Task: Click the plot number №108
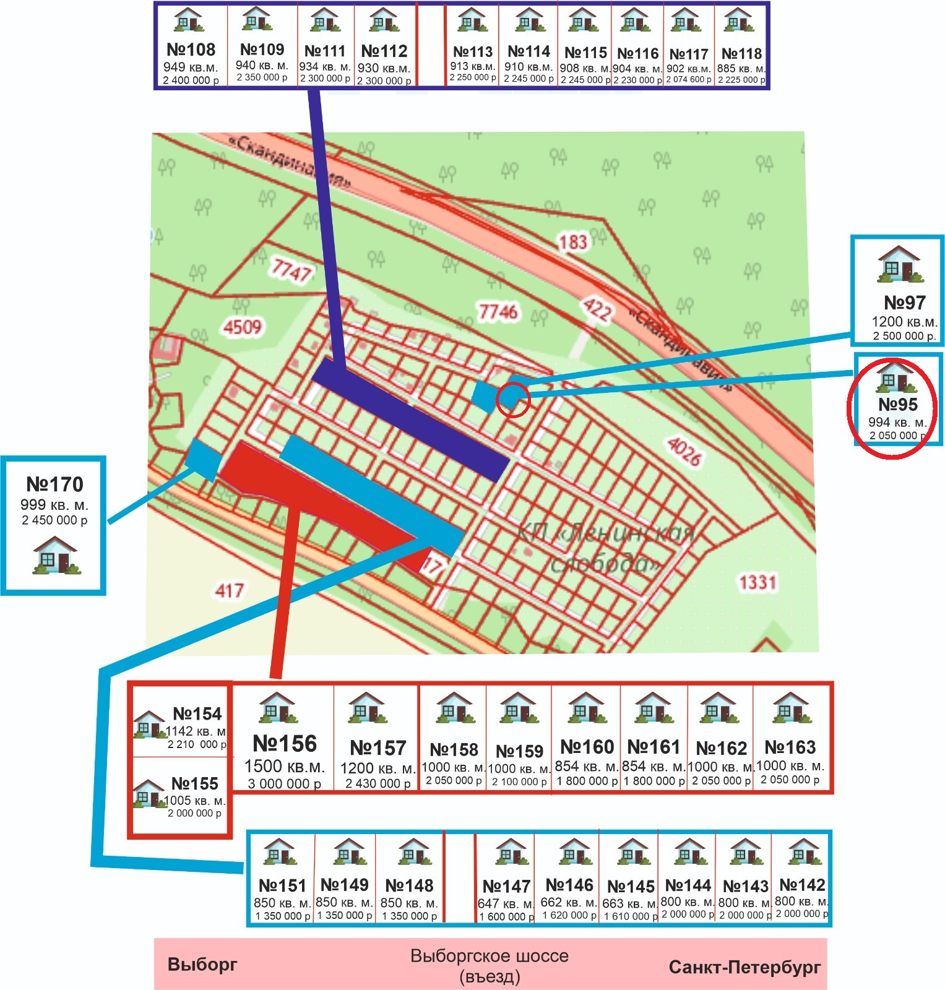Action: pos(191,49)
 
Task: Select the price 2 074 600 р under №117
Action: pos(689,79)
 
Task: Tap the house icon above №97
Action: pos(900,264)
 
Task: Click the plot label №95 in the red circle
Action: pos(898,405)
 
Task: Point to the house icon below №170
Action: pos(56,555)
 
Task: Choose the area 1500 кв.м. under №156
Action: pos(285,766)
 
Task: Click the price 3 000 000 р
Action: pos(285,783)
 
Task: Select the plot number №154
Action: pos(197,714)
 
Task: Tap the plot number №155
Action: pos(195,784)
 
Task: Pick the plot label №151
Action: pos(282,885)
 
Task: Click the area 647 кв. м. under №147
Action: pos(506,903)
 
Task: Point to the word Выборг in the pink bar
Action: pos(202,965)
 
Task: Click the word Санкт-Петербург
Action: pos(744,967)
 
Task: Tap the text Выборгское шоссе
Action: pos(489,956)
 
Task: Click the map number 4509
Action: pos(243,326)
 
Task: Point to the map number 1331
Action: pos(757,582)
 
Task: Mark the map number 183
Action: pos(573,242)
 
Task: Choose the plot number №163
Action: pos(790,747)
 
